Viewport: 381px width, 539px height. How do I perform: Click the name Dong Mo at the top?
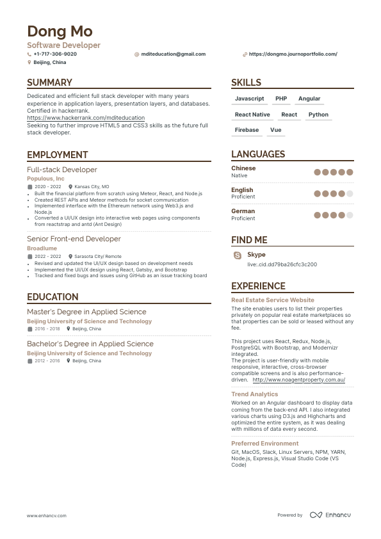[60, 31]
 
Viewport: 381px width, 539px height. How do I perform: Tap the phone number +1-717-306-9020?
[54, 54]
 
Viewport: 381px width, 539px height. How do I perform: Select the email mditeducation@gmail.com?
[173, 54]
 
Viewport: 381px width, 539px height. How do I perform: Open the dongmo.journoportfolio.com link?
[293, 54]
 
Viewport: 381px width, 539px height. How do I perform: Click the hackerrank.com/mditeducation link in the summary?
[86, 118]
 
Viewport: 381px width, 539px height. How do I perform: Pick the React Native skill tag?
[252, 115]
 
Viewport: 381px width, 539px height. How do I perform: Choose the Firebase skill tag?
[247, 130]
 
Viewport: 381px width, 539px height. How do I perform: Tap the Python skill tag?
[318, 115]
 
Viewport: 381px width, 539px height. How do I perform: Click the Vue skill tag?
[275, 130]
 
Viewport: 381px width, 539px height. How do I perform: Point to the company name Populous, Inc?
[45, 179]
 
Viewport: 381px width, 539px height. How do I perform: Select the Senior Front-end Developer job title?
[74, 239]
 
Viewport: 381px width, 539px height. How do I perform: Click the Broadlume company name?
[42, 248]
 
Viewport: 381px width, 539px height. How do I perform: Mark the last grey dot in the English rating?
[350, 194]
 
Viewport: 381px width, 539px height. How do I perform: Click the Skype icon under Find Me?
[238, 255]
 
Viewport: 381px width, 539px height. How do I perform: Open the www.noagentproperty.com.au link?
[298, 380]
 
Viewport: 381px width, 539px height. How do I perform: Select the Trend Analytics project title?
[254, 394]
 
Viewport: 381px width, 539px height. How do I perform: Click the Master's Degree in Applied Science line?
[86, 312]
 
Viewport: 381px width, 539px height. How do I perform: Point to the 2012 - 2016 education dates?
[47, 361]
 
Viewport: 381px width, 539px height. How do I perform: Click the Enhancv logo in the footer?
[330, 515]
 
